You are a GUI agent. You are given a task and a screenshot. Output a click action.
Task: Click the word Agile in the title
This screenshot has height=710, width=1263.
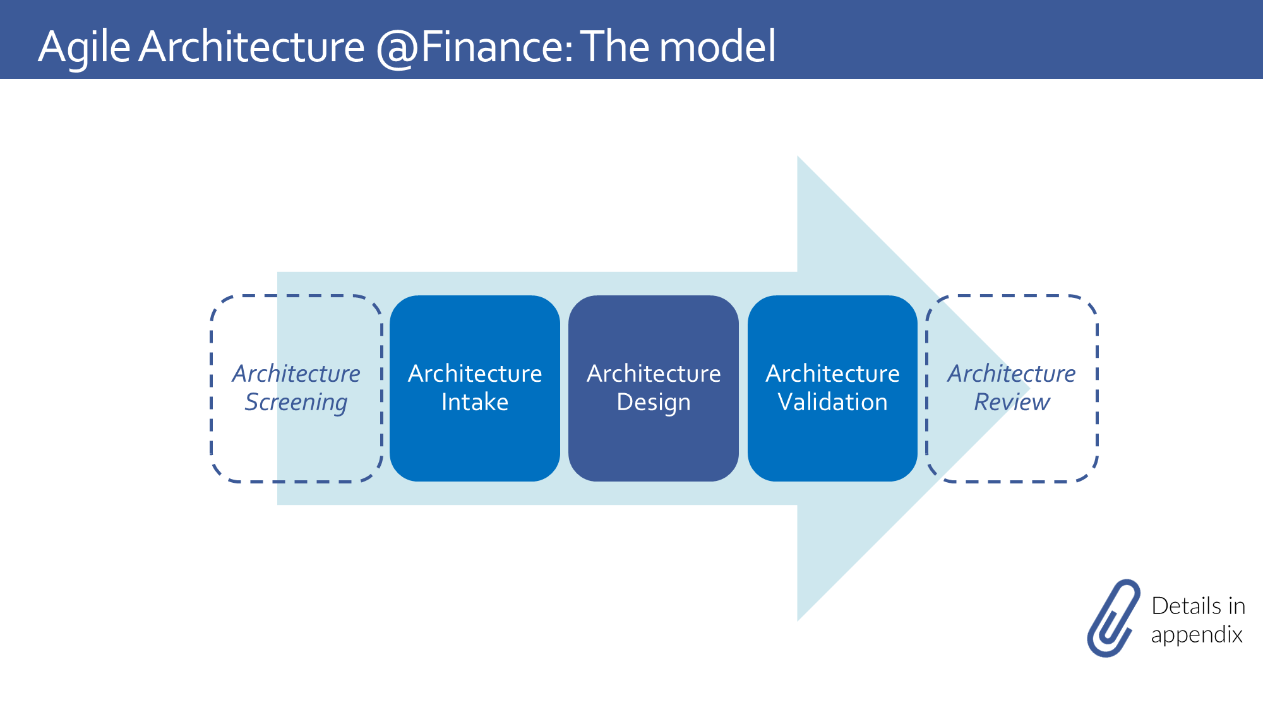tap(84, 47)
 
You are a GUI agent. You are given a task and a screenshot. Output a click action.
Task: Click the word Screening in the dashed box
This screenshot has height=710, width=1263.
tap(296, 403)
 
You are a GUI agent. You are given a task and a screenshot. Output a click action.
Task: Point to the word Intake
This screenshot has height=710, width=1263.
tap(475, 402)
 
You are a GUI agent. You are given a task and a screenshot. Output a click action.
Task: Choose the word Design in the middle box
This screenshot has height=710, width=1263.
tap(654, 403)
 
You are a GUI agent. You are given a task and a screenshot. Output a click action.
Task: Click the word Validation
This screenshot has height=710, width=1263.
tap(832, 402)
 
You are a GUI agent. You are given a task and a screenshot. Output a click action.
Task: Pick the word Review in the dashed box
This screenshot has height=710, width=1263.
tap(1012, 402)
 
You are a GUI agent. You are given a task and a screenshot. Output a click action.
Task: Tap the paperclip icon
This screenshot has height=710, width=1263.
tap(1113, 618)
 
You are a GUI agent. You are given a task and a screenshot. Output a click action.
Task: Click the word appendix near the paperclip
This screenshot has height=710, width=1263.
tap(1197, 635)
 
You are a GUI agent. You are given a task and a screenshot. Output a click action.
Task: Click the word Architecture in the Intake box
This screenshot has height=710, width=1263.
tap(475, 374)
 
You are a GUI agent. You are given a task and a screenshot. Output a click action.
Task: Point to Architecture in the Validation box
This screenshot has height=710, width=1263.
tap(832, 374)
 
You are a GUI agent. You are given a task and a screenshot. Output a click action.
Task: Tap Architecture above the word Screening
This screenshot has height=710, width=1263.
tap(296, 374)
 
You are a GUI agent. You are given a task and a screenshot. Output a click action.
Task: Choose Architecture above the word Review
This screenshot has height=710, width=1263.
tap(1012, 374)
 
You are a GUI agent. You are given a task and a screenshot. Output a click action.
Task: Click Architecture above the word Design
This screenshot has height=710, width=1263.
tap(654, 374)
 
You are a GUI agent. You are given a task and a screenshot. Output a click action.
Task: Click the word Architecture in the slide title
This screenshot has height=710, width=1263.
tap(251, 47)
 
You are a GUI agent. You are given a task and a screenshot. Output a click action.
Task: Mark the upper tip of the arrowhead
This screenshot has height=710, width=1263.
tap(798, 157)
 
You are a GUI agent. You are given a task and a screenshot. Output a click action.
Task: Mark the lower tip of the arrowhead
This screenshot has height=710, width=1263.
tap(798, 620)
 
